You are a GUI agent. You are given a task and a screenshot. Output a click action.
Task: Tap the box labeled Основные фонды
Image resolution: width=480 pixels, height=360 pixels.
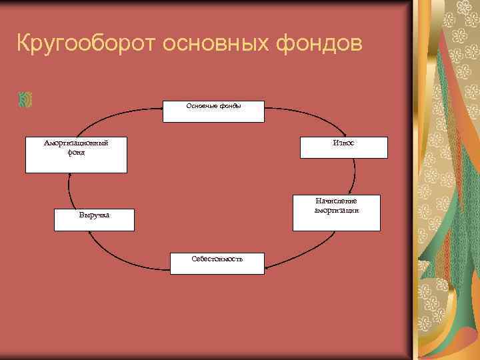[x=214, y=111]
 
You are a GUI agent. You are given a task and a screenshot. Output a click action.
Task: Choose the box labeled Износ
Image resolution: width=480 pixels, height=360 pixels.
[x=343, y=147]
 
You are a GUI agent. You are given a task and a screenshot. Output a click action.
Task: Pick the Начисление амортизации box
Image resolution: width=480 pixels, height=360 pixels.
[x=336, y=213]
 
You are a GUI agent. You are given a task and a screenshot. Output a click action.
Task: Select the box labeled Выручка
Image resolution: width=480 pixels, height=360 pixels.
[x=94, y=220]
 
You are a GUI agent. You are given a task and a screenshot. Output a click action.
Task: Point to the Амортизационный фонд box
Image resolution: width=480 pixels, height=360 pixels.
[x=76, y=155]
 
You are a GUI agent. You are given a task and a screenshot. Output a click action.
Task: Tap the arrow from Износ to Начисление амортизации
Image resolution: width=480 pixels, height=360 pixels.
[x=355, y=176]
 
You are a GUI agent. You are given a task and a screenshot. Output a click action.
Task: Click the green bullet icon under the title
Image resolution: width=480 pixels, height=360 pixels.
[x=26, y=100]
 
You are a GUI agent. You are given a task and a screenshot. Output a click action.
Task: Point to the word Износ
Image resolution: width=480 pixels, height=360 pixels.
[x=343, y=143]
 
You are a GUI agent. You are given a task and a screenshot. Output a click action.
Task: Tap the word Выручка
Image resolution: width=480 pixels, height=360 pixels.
[x=94, y=215]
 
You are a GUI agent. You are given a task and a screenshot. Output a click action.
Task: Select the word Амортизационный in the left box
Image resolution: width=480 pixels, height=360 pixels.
[x=76, y=143]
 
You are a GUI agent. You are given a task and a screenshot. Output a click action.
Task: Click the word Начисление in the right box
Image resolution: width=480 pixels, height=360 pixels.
[x=336, y=201]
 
